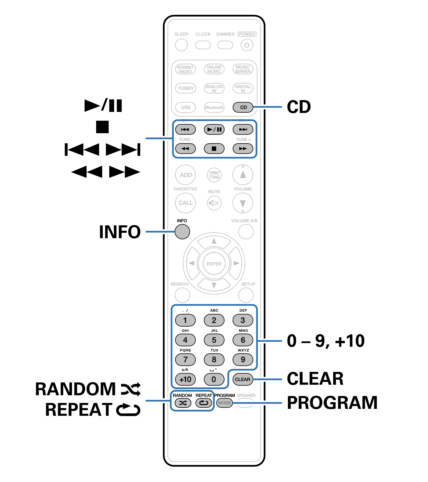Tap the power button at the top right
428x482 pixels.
tap(247, 45)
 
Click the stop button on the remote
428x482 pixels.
tap(214, 149)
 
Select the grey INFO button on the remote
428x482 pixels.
tap(182, 232)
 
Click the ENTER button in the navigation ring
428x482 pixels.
tap(214, 264)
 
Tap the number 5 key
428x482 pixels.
tap(214, 340)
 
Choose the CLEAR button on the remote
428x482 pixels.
tap(242, 379)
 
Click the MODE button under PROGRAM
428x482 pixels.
tap(224, 403)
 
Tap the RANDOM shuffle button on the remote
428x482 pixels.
tap(183, 403)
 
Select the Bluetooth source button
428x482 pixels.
tap(214, 107)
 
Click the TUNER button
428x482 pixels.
tap(185, 88)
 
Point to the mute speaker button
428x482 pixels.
tap(214, 203)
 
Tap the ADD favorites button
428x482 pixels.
tap(185, 175)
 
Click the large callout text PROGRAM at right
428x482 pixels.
tap(332, 402)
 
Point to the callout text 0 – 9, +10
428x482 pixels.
tap(325, 341)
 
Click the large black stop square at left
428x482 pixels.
tap(102, 127)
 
